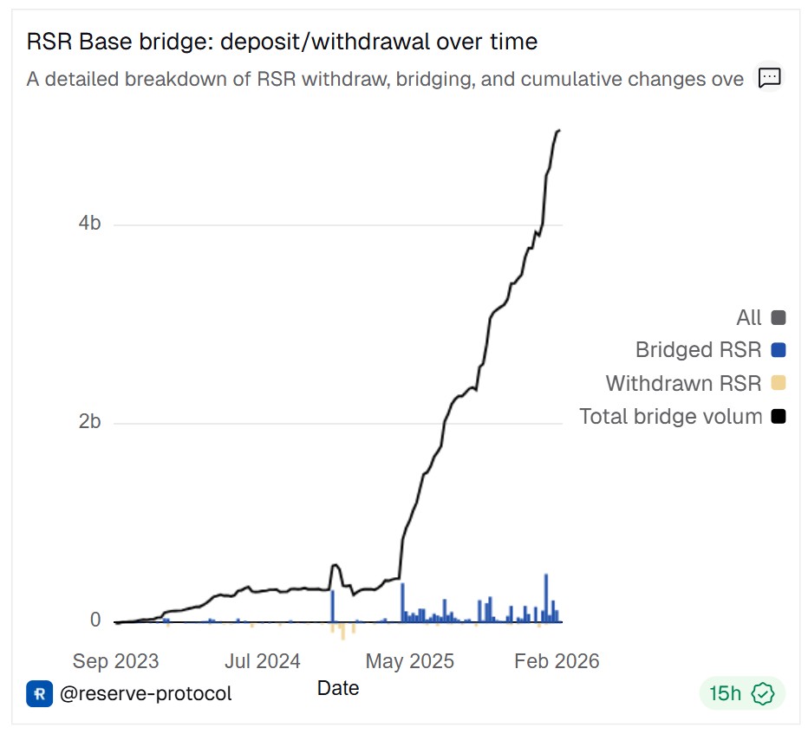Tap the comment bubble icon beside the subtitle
click(x=769, y=78)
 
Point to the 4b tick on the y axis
click(x=89, y=223)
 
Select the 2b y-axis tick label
click(x=89, y=422)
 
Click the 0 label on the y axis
click(x=95, y=620)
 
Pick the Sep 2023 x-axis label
click(x=115, y=661)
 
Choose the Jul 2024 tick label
click(x=262, y=661)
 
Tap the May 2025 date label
click(x=409, y=661)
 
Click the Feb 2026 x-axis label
click(x=557, y=661)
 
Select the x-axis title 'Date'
click(x=338, y=688)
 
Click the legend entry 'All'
click(x=748, y=317)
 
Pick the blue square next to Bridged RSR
click(x=778, y=350)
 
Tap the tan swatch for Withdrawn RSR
click(x=778, y=383)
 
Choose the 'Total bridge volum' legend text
click(x=670, y=416)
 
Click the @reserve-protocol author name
click(x=146, y=693)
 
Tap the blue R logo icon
click(x=40, y=693)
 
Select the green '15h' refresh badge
click(x=741, y=693)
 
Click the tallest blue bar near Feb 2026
click(x=546, y=598)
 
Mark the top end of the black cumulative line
click(x=559, y=131)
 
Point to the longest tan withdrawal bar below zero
click(x=343, y=631)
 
